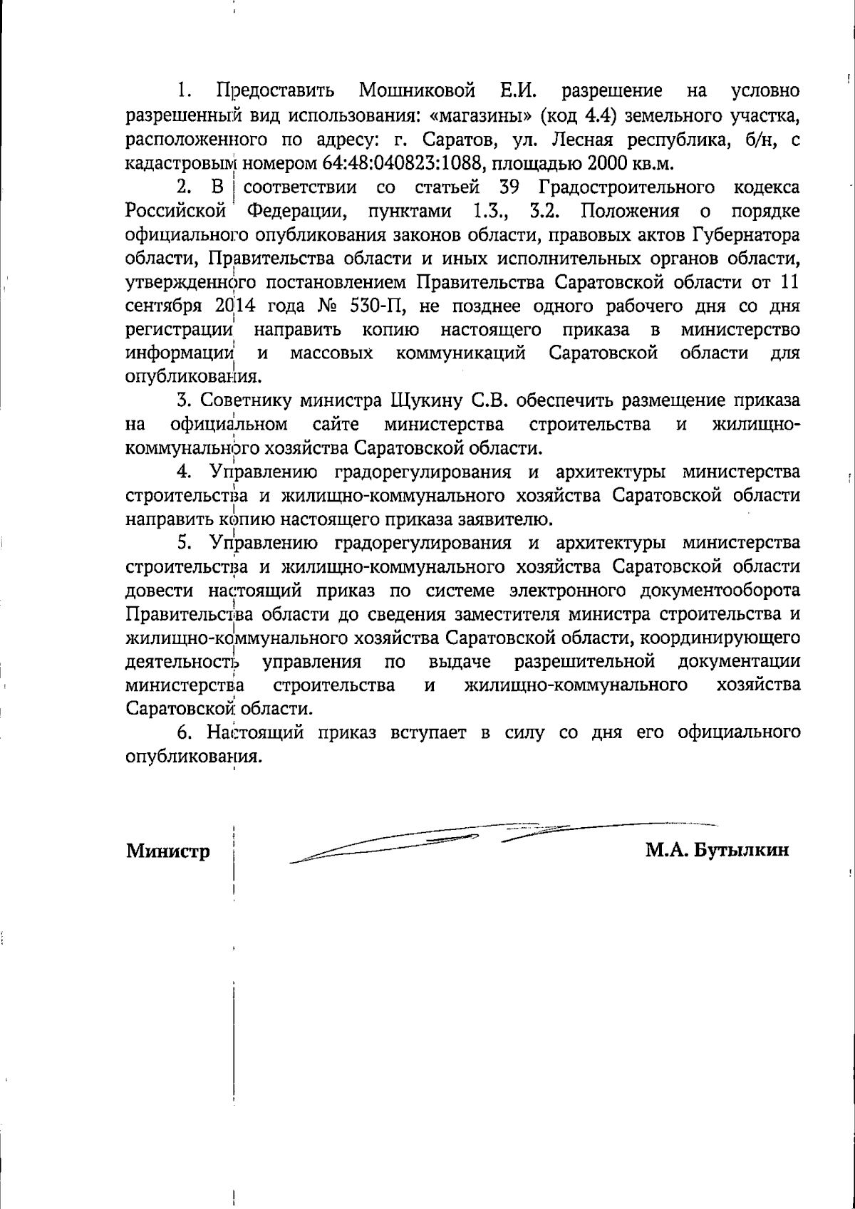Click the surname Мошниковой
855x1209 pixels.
coord(416,91)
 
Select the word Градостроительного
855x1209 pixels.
coord(627,187)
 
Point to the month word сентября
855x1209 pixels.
coord(165,306)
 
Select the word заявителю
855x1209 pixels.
coord(504,519)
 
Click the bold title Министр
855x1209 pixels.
coord(168,851)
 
